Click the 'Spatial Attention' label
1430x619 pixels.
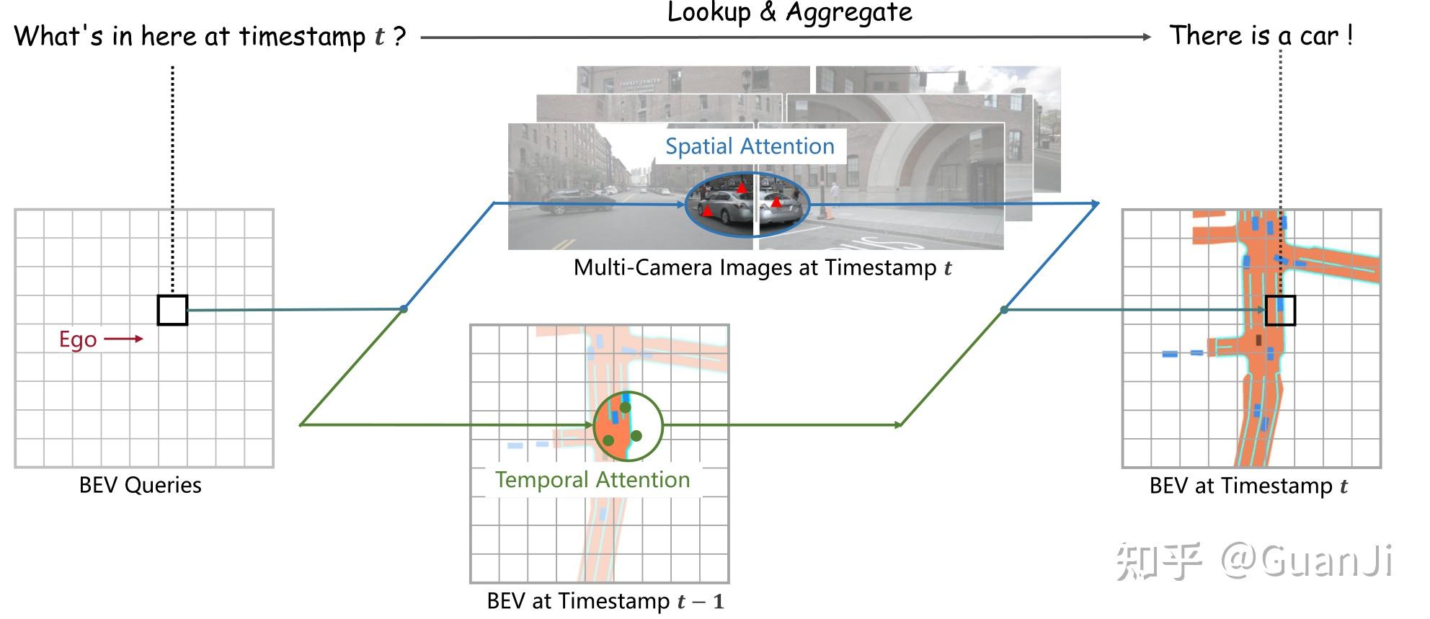point(750,146)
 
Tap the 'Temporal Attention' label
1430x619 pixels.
point(592,480)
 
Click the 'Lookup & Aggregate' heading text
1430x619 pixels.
point(789,13)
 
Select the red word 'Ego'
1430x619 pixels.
point(78,339)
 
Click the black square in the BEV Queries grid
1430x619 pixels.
point(172,310)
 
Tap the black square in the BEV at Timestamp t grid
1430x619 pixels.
point(1280,311)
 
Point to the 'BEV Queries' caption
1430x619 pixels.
point(141,485)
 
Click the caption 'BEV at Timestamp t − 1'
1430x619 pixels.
point(605,601)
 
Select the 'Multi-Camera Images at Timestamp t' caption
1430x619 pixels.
point(763,268)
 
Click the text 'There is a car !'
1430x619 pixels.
point(1261,35)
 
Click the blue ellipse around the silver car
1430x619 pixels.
point(747,205)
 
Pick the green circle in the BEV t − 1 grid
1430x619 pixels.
point(628,426)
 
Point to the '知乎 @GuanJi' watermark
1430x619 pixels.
point(1253,561)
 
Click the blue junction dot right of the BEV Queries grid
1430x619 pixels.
point(404,309)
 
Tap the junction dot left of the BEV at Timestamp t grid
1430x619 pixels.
point(1004,310)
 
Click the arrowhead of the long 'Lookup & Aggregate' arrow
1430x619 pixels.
point(1147,37)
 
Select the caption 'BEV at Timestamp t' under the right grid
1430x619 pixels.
point(1248,486)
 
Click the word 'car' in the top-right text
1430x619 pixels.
point(1319,35)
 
